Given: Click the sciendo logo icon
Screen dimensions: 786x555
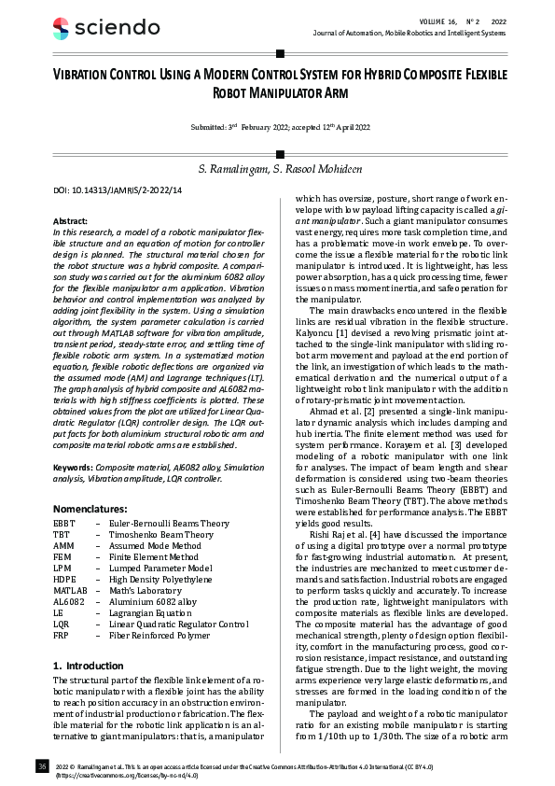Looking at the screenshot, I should pos(62,28).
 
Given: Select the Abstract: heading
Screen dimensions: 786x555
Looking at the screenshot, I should pos(71,220).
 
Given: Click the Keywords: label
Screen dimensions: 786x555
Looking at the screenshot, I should pos(75,465).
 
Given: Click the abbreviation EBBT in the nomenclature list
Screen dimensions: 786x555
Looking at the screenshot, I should pos(66,525).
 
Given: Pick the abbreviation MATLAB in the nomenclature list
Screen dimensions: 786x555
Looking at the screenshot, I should pos(71,591).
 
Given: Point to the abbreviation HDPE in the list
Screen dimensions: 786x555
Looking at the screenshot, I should pos(65,580).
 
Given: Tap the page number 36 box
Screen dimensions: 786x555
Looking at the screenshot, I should pos(42,766).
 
